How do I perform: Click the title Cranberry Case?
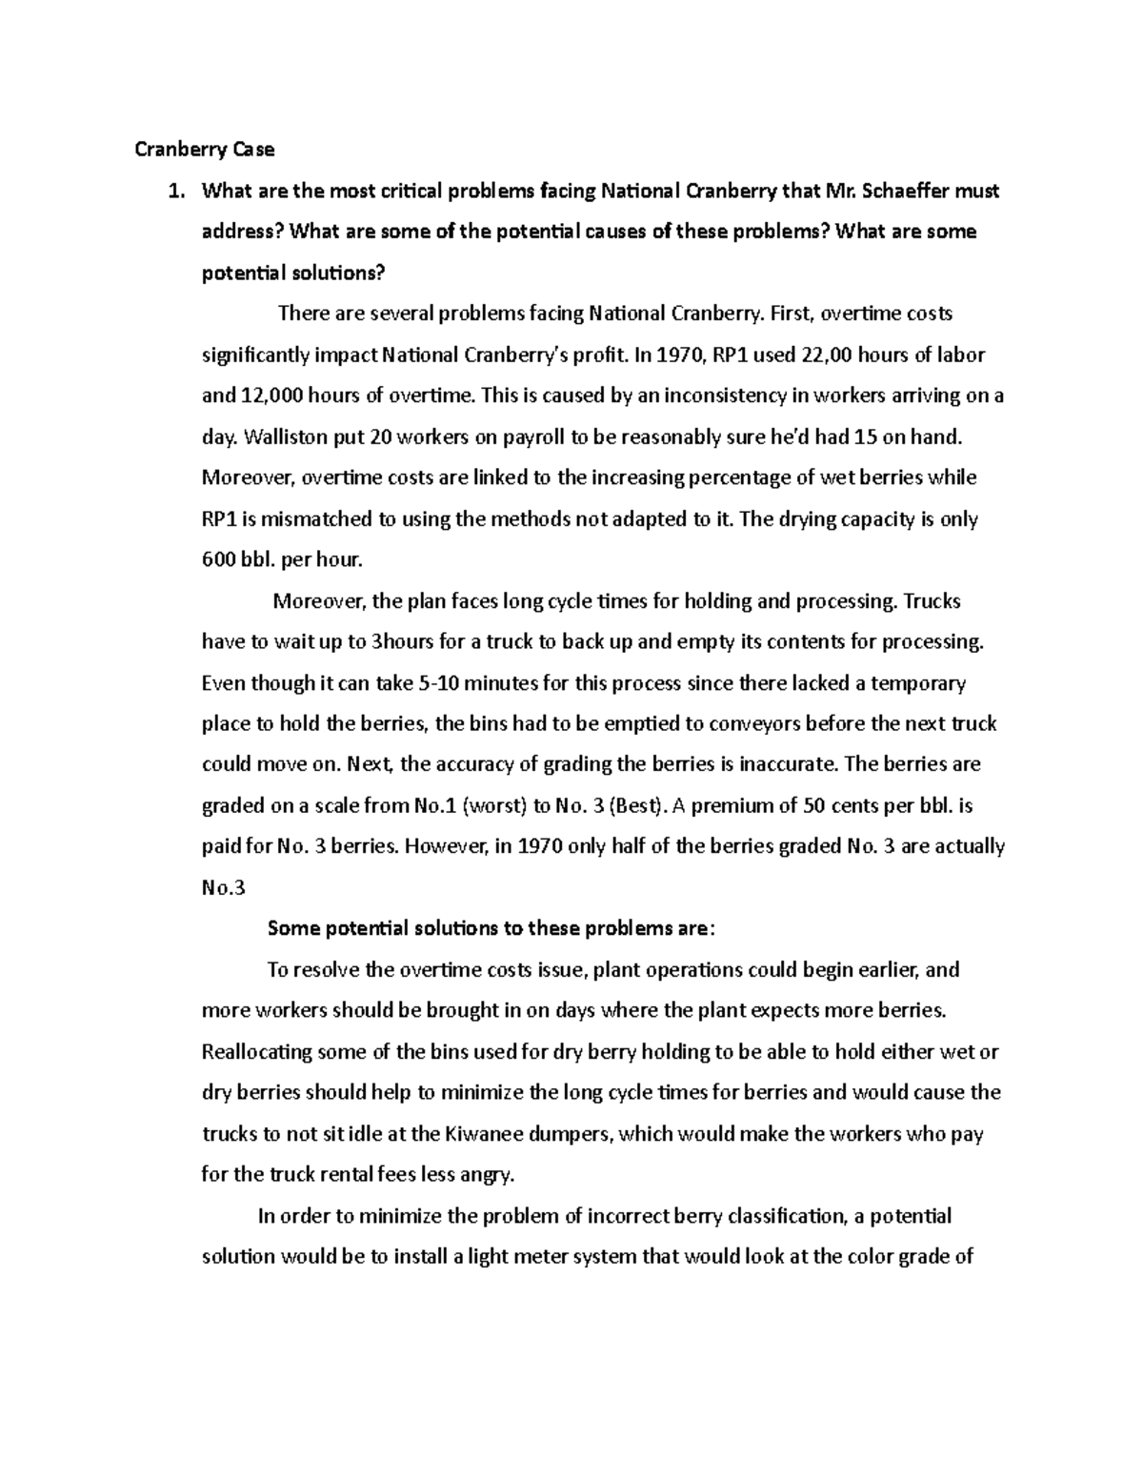click(x=204, y=150)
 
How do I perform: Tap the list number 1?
click(x=173, y=192)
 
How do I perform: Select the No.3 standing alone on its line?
click(x=224, y=888)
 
